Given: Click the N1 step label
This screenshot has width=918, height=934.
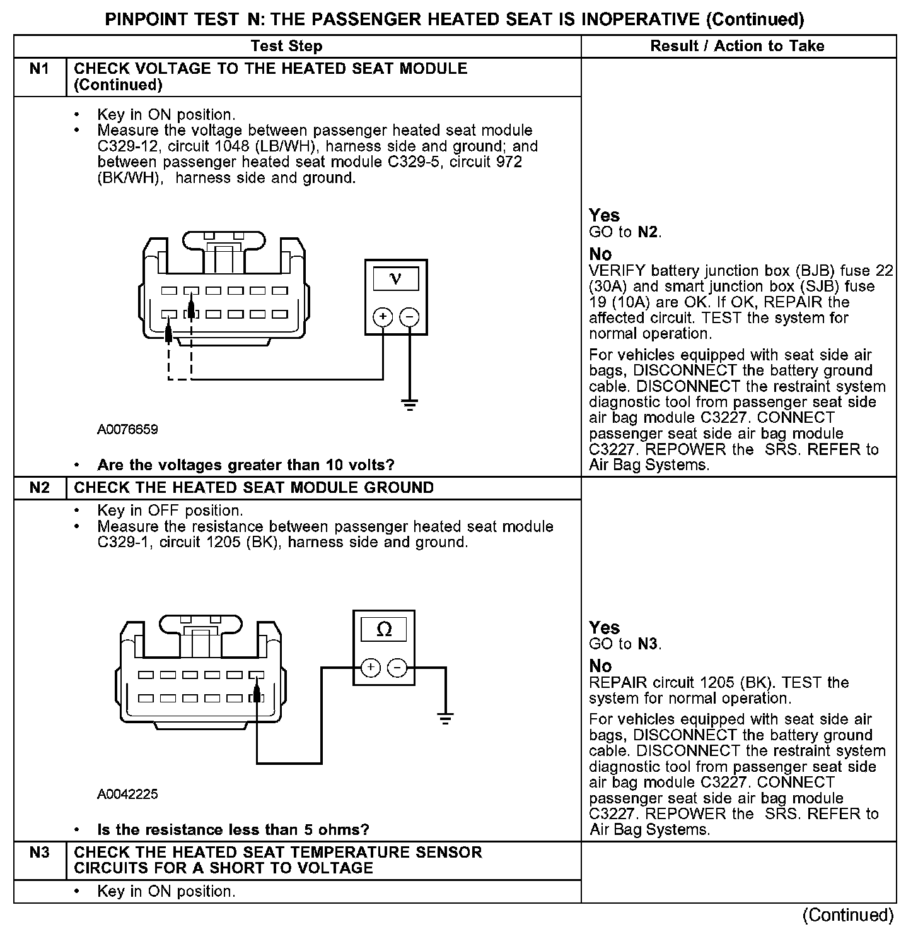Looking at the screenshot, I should (x=39, y=69).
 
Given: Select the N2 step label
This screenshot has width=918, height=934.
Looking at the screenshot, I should (x=39, y=488).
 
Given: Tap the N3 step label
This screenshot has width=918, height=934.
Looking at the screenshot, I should (x=39, y=853).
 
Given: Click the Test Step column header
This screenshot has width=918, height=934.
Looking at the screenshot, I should (x=286, y=46).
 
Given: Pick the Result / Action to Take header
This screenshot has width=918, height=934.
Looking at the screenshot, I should (x=737, y=46).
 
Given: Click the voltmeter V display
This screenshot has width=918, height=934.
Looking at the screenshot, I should (x=396, y=278).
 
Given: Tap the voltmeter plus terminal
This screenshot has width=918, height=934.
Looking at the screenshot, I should (x=383, y=316).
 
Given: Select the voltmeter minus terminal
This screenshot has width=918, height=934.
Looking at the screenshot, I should (x=410, y=316).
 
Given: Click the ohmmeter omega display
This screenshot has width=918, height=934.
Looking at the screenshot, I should (x=383, y=629).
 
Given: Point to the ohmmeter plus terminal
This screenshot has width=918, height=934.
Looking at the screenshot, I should (x=371, y=667).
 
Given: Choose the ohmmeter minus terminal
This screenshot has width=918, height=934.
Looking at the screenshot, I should (x=397, y=667).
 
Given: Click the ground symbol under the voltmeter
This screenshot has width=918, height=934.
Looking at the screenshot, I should (x=410, y=404).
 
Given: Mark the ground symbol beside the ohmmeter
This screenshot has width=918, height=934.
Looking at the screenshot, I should (x=445, y=718).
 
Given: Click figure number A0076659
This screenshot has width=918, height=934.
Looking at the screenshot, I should (x=127, y=430).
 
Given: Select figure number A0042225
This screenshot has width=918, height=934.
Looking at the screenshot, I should (x=127, y=794).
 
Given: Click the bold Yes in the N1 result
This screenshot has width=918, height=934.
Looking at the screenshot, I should (x=604, y=215).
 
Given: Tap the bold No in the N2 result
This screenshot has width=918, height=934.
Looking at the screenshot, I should (x=600, y=666).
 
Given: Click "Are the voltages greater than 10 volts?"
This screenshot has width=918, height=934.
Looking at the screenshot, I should (x=245, y=466).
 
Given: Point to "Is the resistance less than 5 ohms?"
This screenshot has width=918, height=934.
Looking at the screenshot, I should (x=233, y=830).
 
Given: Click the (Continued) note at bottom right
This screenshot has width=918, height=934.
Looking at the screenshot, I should (x=848, y=915).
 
